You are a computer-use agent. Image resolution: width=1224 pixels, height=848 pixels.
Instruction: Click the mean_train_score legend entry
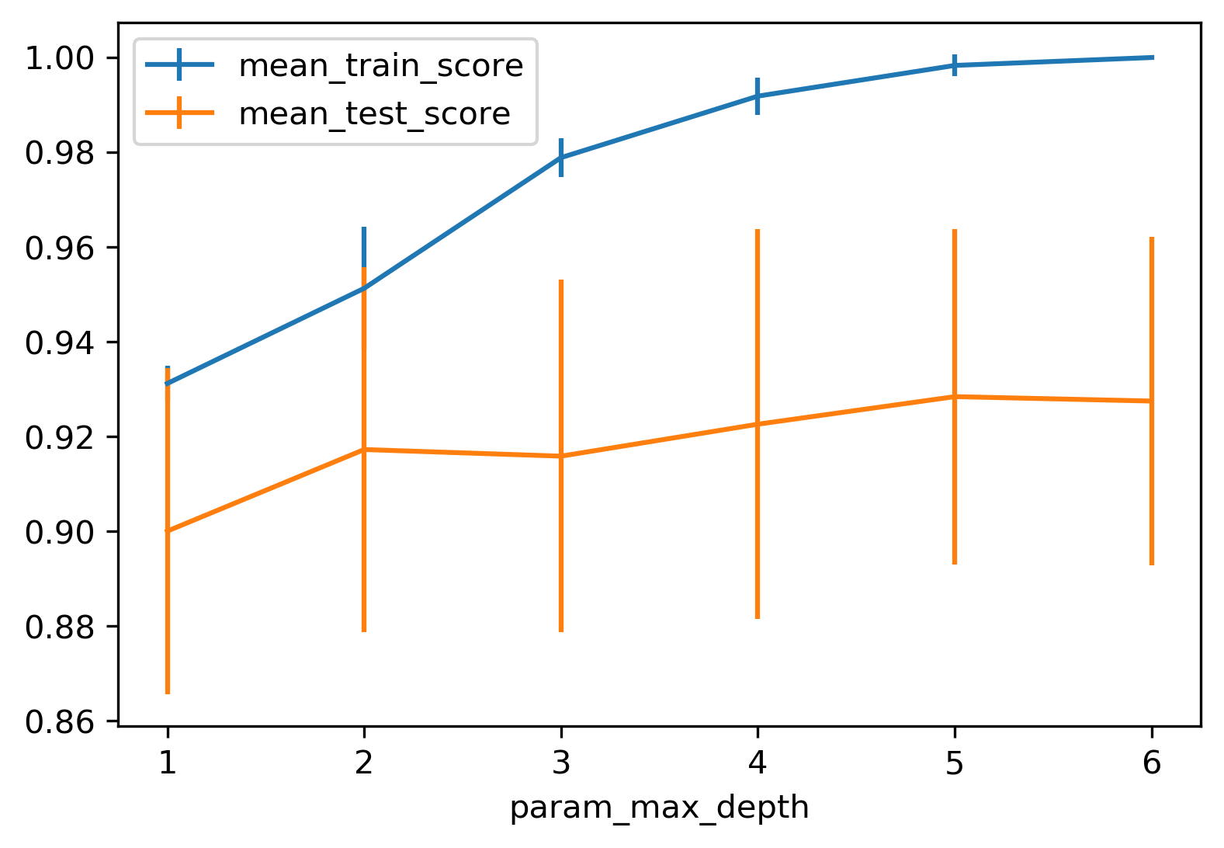(x=380, y=66)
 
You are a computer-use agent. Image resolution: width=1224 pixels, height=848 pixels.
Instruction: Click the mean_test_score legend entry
(x=374, y=114)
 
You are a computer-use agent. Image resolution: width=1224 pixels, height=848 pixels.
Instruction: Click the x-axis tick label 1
(x=167, y=764)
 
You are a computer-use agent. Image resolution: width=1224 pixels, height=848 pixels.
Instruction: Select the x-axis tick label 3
(x=560, y=764)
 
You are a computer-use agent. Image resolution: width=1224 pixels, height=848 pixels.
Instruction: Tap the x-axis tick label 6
(x=1151, y=764)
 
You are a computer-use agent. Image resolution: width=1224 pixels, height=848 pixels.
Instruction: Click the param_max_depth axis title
(x=659, y=808)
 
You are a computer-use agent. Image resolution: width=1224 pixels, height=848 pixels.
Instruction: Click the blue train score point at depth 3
(x=560, y=158)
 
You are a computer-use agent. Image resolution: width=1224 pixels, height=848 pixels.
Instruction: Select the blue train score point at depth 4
(x=758, y=96)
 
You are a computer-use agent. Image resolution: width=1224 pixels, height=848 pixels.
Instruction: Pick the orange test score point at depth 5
(x=955, y=397)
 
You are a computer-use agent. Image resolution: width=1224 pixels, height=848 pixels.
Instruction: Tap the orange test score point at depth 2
(x=364, y=450)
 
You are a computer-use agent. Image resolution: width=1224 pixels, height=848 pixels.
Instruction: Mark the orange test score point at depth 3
(x=560, y=456)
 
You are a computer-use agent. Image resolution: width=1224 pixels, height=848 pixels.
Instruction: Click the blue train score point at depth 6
(x=1151, y=57)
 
